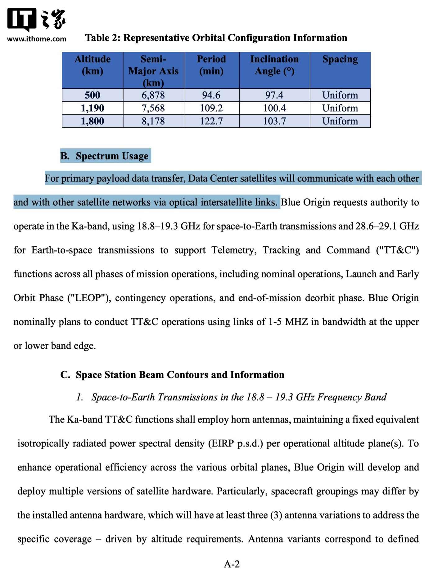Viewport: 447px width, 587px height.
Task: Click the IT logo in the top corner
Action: (22, 19)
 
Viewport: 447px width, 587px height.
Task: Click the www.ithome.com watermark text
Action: (37, 39)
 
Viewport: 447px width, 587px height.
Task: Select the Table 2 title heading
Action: (216, 38)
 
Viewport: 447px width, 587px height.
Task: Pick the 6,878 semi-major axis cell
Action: (153, 95)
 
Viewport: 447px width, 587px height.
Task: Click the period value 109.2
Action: (211, 108)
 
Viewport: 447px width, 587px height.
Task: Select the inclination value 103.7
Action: (274, 121)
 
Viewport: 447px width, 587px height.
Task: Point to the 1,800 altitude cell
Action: (93, 121)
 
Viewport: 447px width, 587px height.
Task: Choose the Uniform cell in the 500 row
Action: (340, 95)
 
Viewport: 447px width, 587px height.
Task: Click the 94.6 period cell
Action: (211, 95)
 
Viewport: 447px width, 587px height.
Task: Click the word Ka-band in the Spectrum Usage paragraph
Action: (90, 226)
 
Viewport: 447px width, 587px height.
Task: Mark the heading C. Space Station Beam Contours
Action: (172, 375)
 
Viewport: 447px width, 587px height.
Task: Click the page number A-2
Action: (232, 564)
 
